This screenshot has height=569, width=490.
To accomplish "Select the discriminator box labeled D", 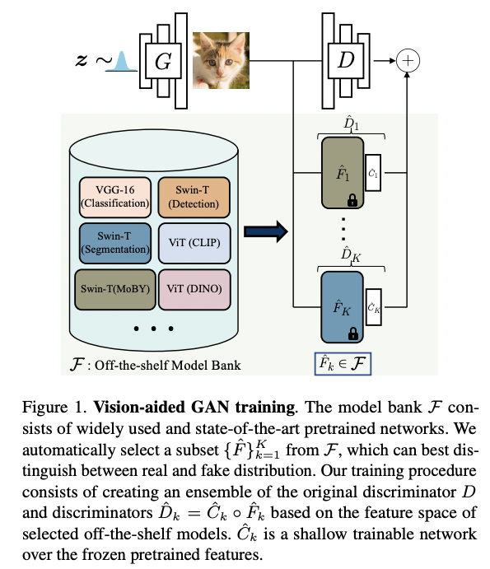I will click(x=345, y=59).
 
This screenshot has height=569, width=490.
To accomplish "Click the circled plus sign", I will click(x=408, y=59).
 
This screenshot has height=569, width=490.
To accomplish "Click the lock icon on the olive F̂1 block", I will click(x=353, y=199).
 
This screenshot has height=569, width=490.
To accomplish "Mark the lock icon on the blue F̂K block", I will click(x=353, y=333).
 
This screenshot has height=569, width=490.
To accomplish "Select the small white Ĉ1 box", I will click(x=374, y=173).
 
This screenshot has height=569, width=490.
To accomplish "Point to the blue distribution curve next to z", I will click(x=121, y=61).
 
